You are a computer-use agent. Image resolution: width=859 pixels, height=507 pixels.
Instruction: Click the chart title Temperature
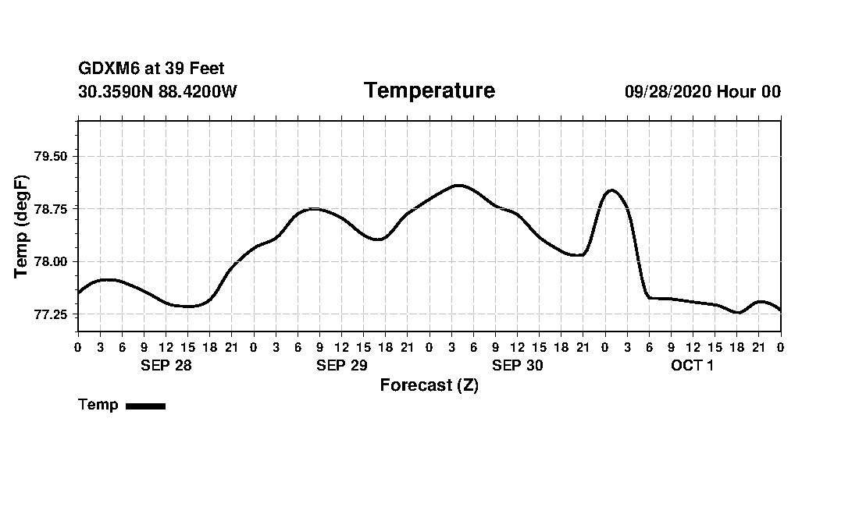tap(429, 91)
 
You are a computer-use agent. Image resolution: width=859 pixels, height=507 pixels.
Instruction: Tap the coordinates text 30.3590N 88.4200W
tap(157, 92)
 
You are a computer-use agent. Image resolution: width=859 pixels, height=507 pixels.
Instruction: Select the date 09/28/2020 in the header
tap(668, 92)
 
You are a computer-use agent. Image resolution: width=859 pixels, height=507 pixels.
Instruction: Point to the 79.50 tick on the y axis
tap(52, 157)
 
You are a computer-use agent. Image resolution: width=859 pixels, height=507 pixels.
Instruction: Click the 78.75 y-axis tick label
tap(52, 209)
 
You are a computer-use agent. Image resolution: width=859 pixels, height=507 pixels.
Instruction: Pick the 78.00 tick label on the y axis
tap(52, 262)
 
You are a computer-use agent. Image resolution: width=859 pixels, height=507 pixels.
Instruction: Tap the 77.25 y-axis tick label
tap(52, 314)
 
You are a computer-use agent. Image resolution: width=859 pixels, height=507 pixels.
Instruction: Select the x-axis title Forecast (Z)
tap(429, 385)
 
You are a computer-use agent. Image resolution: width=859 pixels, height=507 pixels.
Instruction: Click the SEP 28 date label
tap(166, 365)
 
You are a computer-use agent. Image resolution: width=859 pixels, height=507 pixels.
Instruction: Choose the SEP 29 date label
tap(341, 365)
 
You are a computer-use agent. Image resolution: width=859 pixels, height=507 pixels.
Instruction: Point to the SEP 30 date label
tap(517, 365)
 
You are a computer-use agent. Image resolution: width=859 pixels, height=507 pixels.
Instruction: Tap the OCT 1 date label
tap(692, 365)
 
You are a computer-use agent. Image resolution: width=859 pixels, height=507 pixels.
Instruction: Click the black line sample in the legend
tap(145, 406)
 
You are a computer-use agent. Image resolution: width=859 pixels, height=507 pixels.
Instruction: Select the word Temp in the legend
tap(98, 405)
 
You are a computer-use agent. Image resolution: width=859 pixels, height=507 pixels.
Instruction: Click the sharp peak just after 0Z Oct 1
tap(611, 190)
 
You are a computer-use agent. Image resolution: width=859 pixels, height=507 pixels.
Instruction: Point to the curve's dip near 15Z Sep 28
tap(188, 307)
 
